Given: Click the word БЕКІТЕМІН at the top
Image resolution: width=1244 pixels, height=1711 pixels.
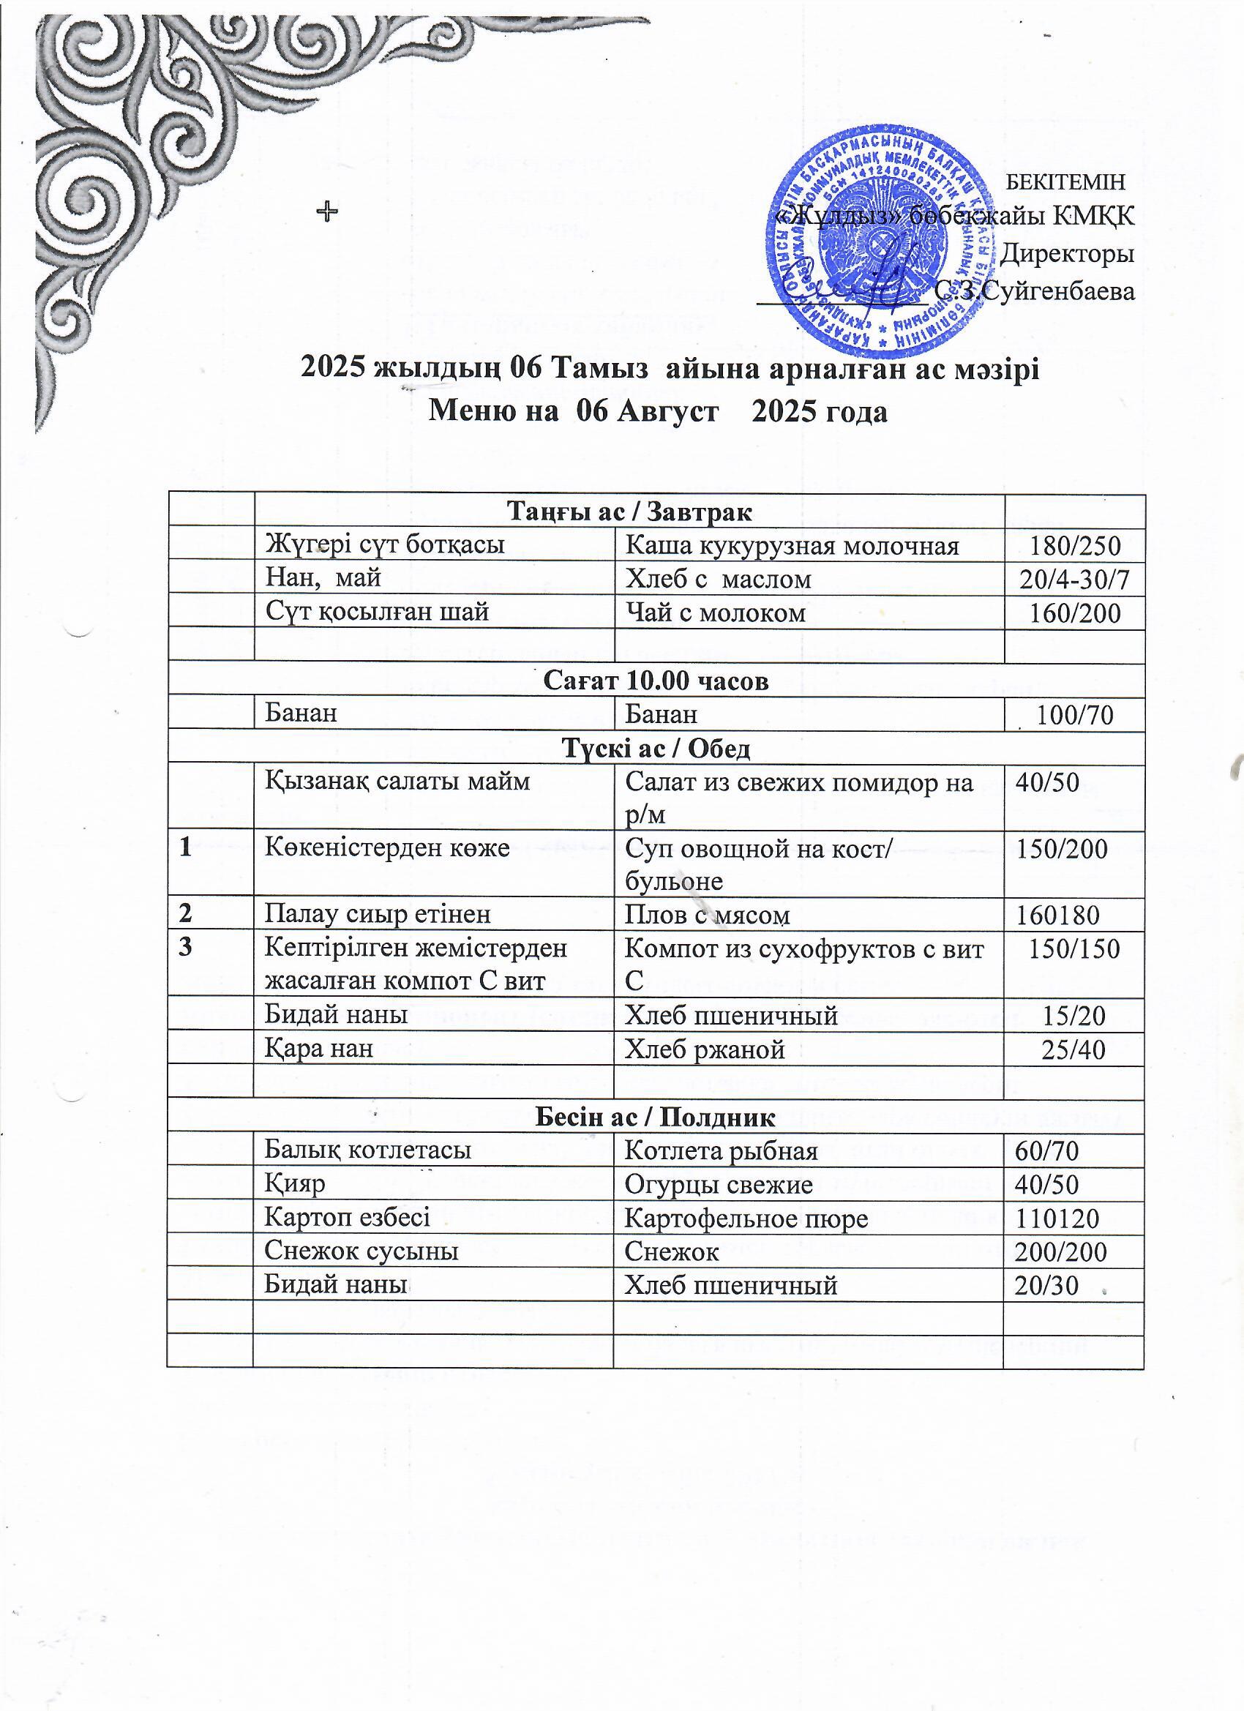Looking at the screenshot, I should (x=1066, y=181).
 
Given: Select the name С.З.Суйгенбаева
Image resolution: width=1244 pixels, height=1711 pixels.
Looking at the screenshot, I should (x=1034, y=291).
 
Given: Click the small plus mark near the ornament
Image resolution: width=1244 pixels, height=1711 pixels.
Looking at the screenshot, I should (x=326, y=213).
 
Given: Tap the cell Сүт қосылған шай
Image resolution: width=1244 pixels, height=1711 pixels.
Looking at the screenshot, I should (x=376, y=611).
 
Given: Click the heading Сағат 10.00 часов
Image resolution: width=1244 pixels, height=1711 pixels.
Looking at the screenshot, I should (x=656, y=681).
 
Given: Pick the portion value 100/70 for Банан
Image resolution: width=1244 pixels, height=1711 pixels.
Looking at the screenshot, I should (x=1076, y=714).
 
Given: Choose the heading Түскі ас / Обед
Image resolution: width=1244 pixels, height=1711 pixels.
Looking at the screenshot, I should (x=656, y=749).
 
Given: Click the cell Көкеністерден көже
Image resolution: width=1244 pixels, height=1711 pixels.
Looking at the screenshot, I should (x=387, y=848).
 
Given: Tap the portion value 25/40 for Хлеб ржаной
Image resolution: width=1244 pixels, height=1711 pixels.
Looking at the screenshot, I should (x=1073, y=1049).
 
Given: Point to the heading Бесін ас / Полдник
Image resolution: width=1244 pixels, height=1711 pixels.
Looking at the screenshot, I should (x=655, y=1117).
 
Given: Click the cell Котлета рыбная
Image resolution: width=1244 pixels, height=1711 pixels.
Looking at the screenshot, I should (x=722, y=1150).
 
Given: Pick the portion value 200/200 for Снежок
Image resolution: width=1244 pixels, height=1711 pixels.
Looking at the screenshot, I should (x=1060, y=1251).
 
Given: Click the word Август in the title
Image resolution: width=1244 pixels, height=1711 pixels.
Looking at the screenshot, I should (x=667, y=413).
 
